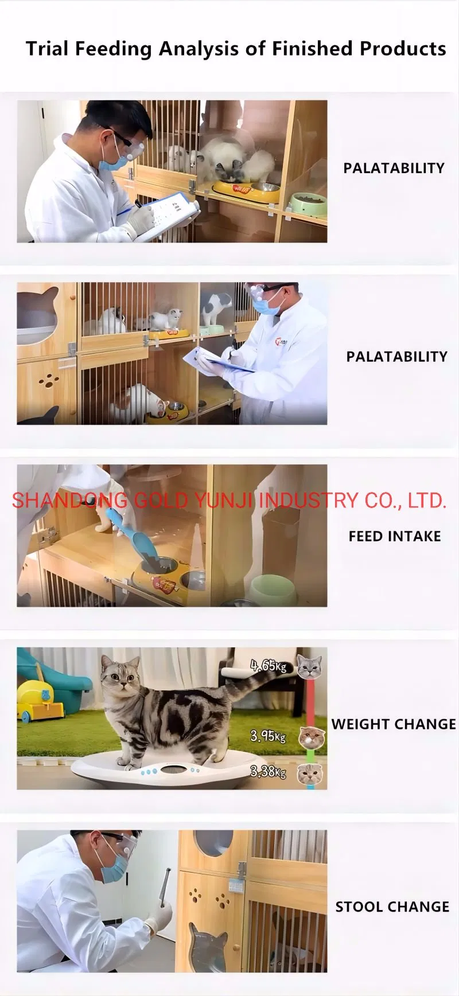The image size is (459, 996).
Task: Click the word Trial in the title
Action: point(47,49)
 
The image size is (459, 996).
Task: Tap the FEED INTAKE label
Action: point(395,536)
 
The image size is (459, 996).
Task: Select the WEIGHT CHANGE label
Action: point(394,724)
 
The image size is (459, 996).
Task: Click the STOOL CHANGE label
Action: point(392,907)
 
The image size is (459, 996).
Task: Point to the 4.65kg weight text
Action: point(269,666)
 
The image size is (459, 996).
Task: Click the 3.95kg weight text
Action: point(268,736)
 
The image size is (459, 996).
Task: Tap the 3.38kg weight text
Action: point(268,772)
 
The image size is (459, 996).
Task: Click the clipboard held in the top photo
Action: point(166,215)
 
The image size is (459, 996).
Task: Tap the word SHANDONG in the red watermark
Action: point(70,501)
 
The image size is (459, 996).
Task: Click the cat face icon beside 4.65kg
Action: point(309,667)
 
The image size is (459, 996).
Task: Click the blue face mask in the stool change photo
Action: point(114,869)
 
